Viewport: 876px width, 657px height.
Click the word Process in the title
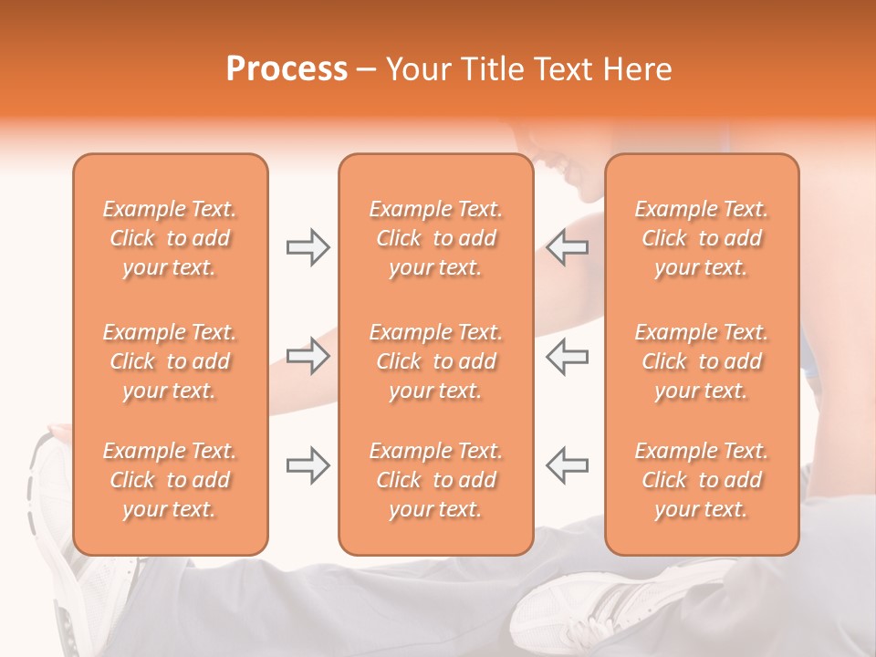point(287,69)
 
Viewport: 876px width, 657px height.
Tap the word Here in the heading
point(635,69)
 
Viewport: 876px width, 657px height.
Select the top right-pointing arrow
point(308,247)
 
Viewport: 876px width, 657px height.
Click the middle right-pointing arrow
point(308,356)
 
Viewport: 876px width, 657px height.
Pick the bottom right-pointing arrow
point(308,465)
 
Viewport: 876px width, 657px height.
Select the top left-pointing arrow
point(568,247)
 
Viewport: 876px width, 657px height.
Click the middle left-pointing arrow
point(568,356)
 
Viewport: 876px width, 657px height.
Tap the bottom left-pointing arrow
point(568,465)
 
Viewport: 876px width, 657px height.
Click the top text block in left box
point(170,238)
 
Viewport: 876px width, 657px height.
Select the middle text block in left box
point(170,361)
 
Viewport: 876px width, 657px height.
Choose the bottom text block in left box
point(170,480)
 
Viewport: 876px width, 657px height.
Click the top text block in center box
point(435,238)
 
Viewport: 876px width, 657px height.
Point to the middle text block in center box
point(435,361)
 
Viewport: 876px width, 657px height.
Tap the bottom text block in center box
point(435,480)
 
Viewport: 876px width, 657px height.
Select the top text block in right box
point(701,238)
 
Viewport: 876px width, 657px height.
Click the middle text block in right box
point(701,361)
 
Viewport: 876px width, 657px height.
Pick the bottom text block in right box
point(701,480)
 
